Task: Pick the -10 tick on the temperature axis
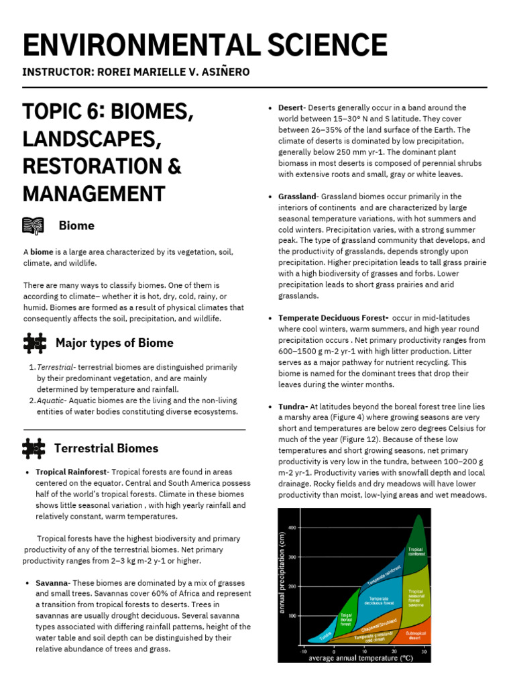tap(303, 651)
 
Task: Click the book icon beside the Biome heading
tap(34, 225)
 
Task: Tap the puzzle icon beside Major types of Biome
tap(34, 343)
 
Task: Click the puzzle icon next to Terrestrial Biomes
tap(34, 448)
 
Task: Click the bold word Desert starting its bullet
tap(291, 108)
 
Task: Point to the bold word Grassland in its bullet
tap(296, 197)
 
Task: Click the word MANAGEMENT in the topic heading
tap(94, 193)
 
